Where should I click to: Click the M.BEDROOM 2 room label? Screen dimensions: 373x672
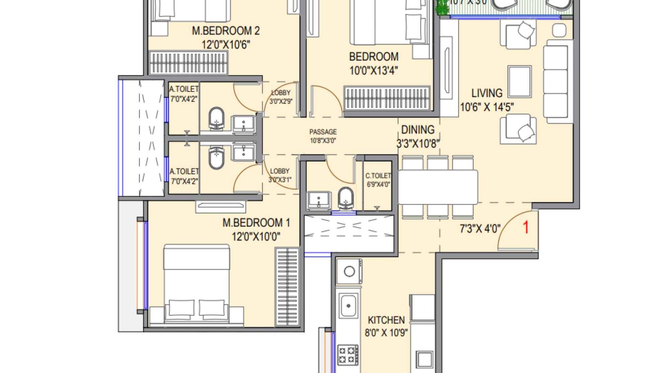pyautogui.click(x=226, y=31)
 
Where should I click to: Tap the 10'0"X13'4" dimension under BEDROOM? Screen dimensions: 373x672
pyautogui.click(x=373, y=70)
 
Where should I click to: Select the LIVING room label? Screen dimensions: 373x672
pyautogui.click(x=486, y=93)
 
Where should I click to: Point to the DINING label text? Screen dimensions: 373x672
pyautogui.click(x=417, y=130)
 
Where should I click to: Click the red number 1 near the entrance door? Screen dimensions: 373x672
pyautogui.click(x=525, y=227)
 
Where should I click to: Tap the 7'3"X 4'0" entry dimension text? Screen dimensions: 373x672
pyautogui.click(x=480, y=229)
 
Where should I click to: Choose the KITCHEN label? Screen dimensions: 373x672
pyautogui.click(x=386, y=320)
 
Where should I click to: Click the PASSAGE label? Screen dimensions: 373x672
pyautogui.click(x=323, y=132)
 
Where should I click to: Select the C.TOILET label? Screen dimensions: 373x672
pyautogui.click(x=378, y=176)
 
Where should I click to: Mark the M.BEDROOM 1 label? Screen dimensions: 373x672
pyautogui.click(x=256, y=223)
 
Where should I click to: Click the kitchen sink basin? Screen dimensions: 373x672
pyautogui.click(x=349, y=305)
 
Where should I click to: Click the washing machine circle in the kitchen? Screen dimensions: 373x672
pyautogui.click(x=349, y=271)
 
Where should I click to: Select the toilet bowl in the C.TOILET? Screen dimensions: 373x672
pyautogui.click(x=346, y=198)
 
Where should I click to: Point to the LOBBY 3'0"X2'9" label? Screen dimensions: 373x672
pyautogui.click(x=281, y=97)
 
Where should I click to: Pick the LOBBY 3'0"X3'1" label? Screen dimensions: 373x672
pyautogui.click(x=280, y=175)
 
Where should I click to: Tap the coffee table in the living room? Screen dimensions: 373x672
pyautogui.click(x=520, y=81)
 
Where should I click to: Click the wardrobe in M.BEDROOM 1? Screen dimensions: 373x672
pyautogui.click(x=287, y=287)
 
